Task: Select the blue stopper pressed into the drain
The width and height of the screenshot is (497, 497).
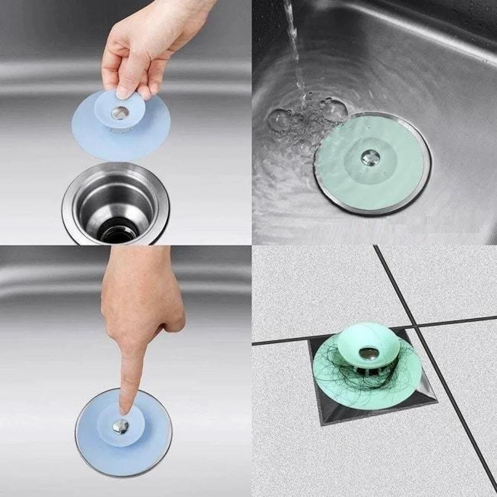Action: click(99, 443)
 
